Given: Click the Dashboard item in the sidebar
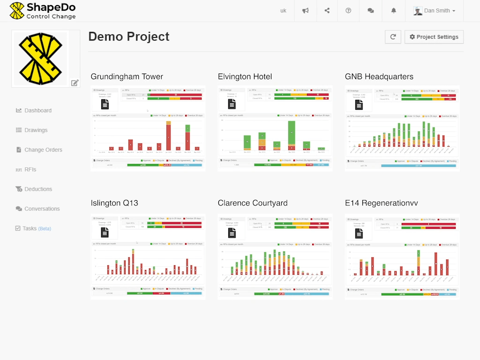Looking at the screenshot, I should click(x=37, y=111).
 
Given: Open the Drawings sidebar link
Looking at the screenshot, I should click(x=36, y=130).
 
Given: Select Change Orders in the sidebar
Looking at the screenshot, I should click(x=43, y=150).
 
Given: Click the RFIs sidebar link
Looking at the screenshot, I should click(x=30, y=170).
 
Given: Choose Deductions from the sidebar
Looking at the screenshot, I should click(x=38, y=189).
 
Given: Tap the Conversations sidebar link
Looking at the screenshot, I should click(x=42, y=209).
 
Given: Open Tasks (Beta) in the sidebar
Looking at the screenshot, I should click(x=36, y=229).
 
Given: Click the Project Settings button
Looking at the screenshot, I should click(x=434, y=37).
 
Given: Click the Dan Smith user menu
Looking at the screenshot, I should click(x=435, y=11).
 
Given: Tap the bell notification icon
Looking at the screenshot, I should click(x=394, y=11).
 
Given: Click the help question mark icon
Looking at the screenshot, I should click(x=348, y=11).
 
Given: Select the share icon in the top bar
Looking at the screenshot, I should click(x=327, y=11).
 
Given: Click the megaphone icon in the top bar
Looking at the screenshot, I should click(x=306, y=11).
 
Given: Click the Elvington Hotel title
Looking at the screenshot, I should click(x=245, y=77).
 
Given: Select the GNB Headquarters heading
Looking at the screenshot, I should click(x=379, y=77).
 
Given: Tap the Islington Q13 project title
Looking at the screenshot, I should click(x=114, y=203).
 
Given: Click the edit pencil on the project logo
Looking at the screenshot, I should click(x=75, y=83).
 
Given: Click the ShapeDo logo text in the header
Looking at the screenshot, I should click(x=51, y=7).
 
